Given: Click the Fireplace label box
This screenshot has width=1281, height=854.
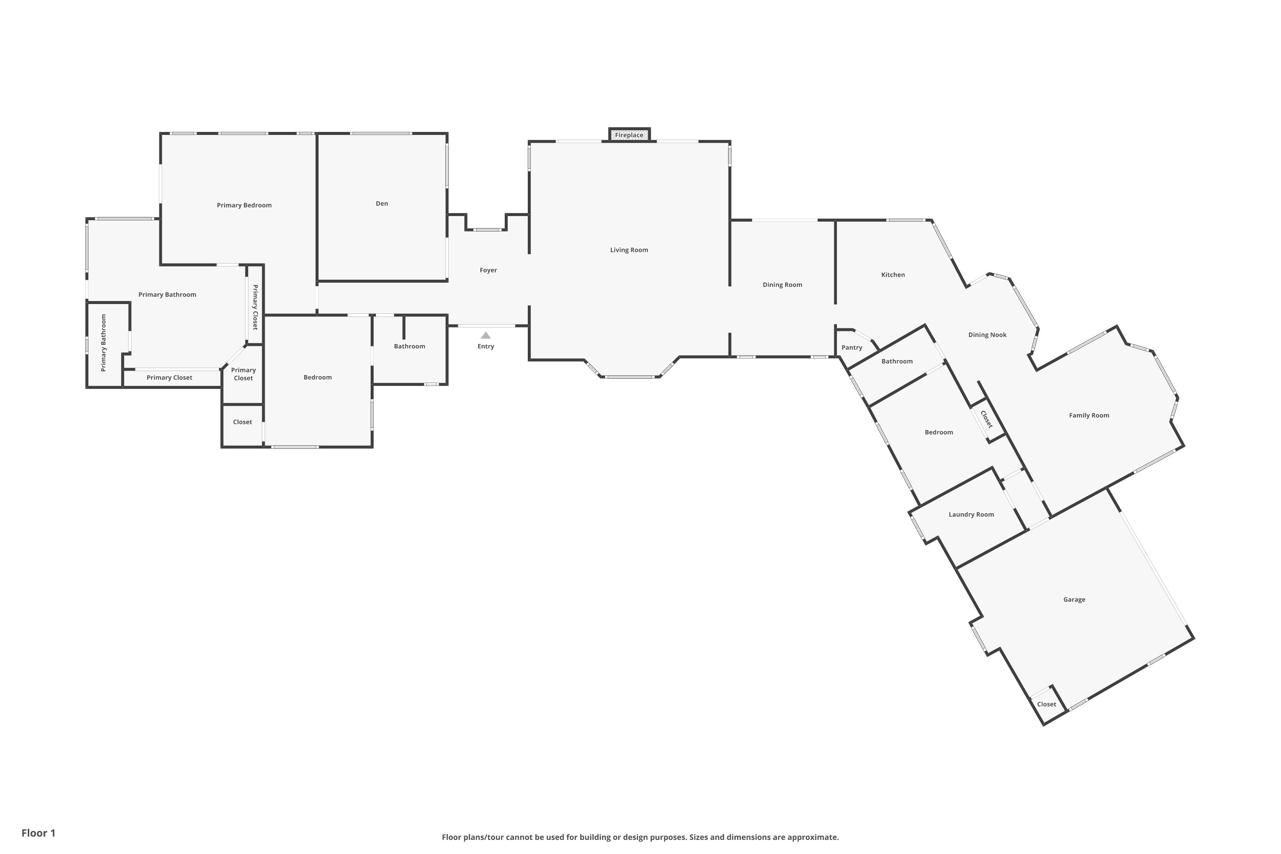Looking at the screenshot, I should click(x=629, y=135).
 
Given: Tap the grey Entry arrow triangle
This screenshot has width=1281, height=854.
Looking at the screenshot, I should click(x=486, y=336).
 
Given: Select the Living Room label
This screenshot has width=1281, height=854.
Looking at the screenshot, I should click(x=629, y=250).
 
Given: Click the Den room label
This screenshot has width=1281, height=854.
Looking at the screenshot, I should click(x=382, y=204).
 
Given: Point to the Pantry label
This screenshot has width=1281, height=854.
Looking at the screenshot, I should click(x=852, y=348).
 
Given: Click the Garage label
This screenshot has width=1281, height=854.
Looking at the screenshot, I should click(x=1074, y=600).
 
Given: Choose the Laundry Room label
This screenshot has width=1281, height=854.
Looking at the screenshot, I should click(x=971, y=515).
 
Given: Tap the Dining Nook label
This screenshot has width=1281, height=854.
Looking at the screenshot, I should click(x=987, y=335).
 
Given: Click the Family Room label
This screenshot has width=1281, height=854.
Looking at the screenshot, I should click(x=1089, y=415).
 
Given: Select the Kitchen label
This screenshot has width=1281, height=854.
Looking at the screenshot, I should click(x=893, y=275).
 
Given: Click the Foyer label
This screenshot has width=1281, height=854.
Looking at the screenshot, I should click(x=488, y=270).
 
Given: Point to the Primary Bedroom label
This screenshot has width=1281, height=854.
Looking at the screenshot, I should click(x=244, y=205).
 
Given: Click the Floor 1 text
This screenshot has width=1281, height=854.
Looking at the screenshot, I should click(x=38, y=833).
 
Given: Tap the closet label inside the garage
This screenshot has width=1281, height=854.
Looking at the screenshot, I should click(x=1046, y=704).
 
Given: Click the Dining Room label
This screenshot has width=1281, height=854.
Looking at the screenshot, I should click(x=782, y=285).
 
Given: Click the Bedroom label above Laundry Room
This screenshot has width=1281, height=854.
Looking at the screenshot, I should click(x=939, y=433).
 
